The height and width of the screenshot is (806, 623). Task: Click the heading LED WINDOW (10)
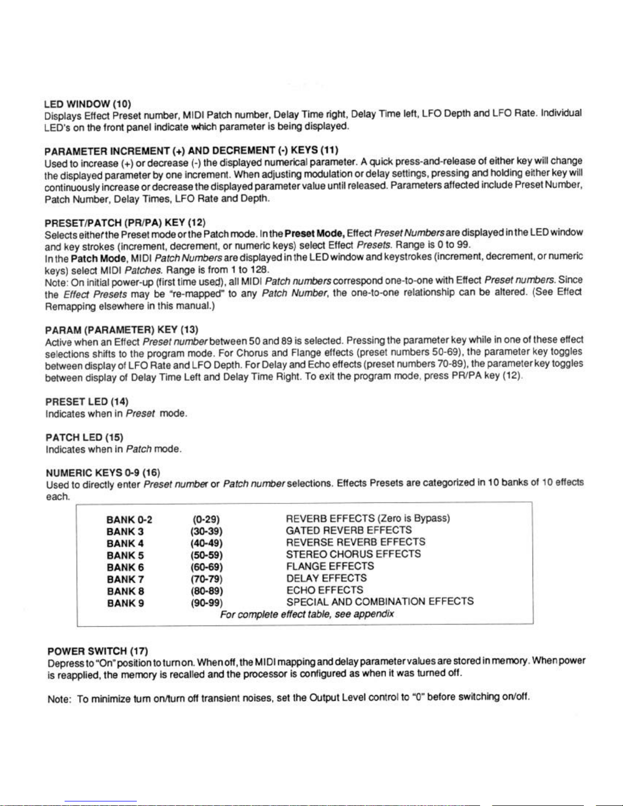(88, 104)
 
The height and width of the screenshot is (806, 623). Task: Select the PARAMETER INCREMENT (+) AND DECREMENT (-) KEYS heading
(191, 151)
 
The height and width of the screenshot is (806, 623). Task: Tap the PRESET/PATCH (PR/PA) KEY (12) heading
(125, 222)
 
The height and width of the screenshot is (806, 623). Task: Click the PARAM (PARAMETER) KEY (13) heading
(122, 330)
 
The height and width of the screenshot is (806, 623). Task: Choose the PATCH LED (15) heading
(84, 437)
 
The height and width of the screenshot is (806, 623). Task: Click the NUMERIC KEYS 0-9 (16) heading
(103, 473)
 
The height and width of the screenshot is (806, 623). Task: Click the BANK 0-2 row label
(129, 519)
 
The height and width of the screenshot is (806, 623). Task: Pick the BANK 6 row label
(125, 567)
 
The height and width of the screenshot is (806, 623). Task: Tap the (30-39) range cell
(203, 531)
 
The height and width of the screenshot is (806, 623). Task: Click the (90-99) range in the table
(203, 603)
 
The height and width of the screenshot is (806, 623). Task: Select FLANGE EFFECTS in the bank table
(330, 566)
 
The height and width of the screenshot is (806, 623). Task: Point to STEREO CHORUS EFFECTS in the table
(353, 554)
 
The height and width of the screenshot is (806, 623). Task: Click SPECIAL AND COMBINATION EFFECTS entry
(380, 602)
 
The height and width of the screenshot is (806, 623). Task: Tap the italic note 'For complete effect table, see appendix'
(307, 614)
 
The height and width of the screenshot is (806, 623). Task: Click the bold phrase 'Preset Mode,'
(315, 233)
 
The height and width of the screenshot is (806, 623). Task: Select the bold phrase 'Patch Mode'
(99, 258)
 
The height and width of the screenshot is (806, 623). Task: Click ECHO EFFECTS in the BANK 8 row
(324, 590)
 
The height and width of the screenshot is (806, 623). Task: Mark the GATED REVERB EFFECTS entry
(349, 530)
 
